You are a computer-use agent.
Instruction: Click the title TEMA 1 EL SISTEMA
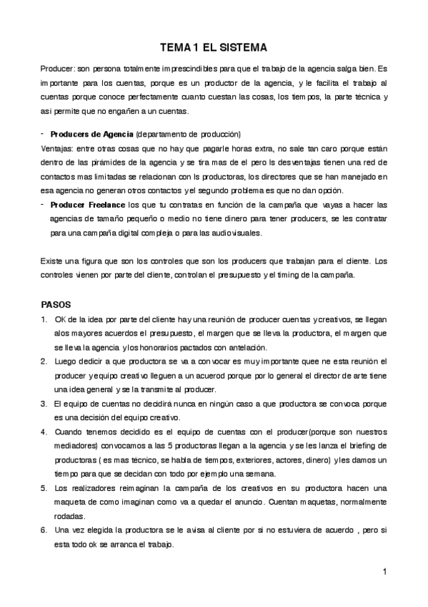(214, 48)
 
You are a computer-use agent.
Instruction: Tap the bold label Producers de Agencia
(91, 135)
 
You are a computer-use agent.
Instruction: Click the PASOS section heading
(56, 303)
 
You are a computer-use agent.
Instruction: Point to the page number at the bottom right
(384, 571)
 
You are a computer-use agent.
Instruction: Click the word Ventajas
(58, 148)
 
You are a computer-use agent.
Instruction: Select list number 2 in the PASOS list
(44, 361)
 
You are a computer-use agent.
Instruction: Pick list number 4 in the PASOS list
(44, 432)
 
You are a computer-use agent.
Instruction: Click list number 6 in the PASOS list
(44, 530)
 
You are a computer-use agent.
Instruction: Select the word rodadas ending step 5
(70, 516)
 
